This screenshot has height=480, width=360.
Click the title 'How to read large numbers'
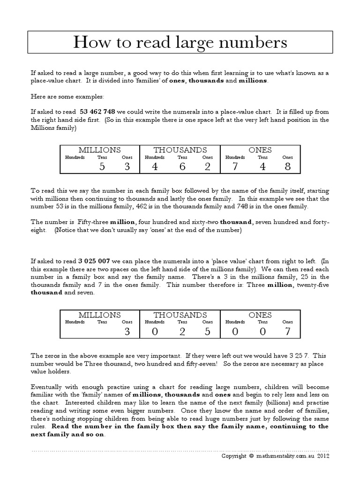(x=180, y=43)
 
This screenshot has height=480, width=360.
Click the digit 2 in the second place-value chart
(x=182, y=332)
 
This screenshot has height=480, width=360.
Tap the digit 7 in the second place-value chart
(x=287, y=332)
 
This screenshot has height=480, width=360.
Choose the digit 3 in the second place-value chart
(x=127, y=332)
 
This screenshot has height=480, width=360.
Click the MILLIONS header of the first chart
(x=99, y=150)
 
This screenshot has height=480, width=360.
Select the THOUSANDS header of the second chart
(x=180, y=315)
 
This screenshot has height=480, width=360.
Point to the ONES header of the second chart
(x=260, y=315)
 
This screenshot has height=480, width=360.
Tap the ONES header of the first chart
(x=260, y=150)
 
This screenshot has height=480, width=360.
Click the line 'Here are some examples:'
(x=61, y=96)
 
